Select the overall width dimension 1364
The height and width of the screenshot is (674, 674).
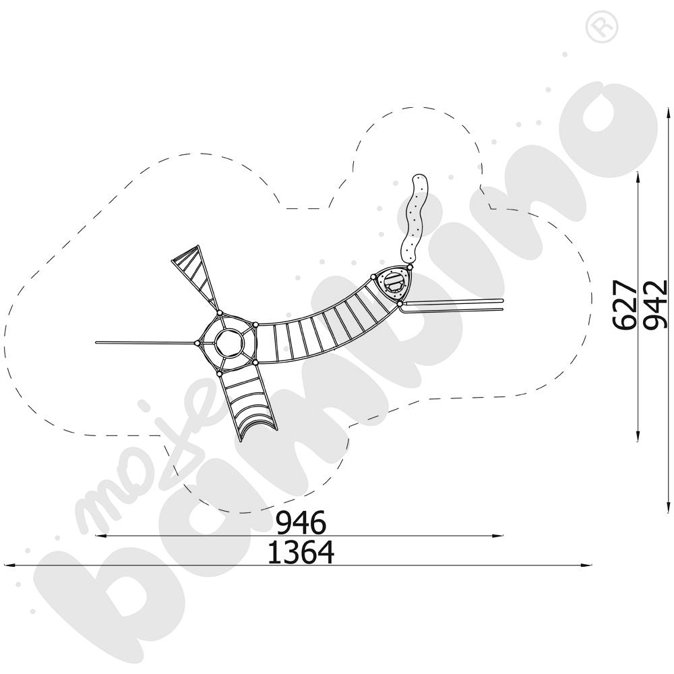tap(301, 553)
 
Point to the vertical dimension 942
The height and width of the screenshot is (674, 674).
tap(655, 305)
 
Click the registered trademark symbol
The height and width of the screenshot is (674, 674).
tap(596, 28)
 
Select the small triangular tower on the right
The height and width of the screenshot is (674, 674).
tap(394, 285)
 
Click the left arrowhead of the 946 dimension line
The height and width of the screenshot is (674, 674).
tap(100, 536)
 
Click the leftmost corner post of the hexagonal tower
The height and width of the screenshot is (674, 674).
tap(197, 343)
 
